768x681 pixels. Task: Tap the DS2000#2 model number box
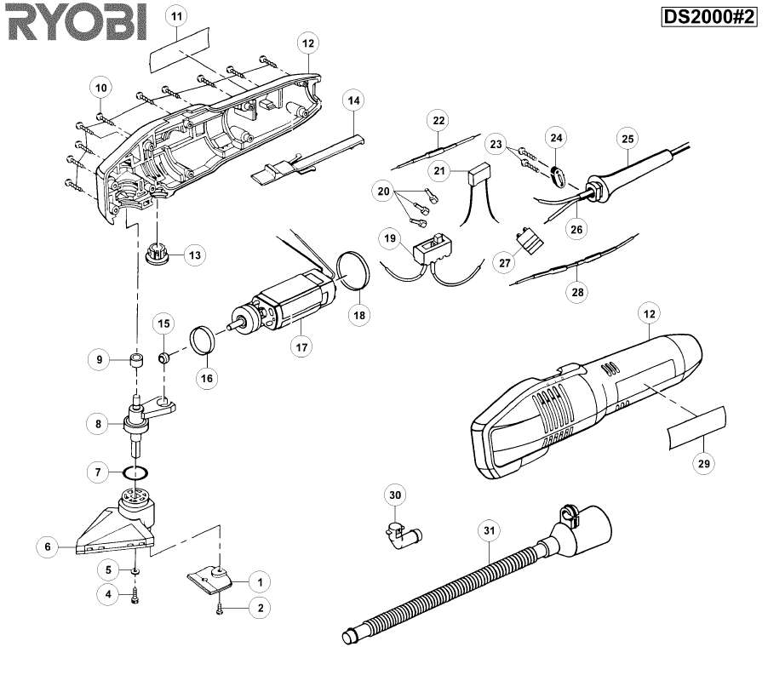pos(709,17)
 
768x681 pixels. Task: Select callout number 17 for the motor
pos(301,347)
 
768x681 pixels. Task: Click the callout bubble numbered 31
pos(490,530)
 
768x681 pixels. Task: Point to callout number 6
pos(48,547)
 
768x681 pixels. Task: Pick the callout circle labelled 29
pos(704,463)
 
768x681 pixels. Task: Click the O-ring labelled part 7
pos(135,473)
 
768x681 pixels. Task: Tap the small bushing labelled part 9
pos(136,361)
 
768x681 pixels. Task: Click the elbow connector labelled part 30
pos(403,536)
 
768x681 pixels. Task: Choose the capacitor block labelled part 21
pos(479,175)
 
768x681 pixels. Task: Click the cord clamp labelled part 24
pos(557,176)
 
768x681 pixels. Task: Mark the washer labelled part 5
pos(135,571)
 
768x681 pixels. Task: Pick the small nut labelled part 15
pos(163,358)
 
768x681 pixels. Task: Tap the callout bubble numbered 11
pos(177,16)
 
